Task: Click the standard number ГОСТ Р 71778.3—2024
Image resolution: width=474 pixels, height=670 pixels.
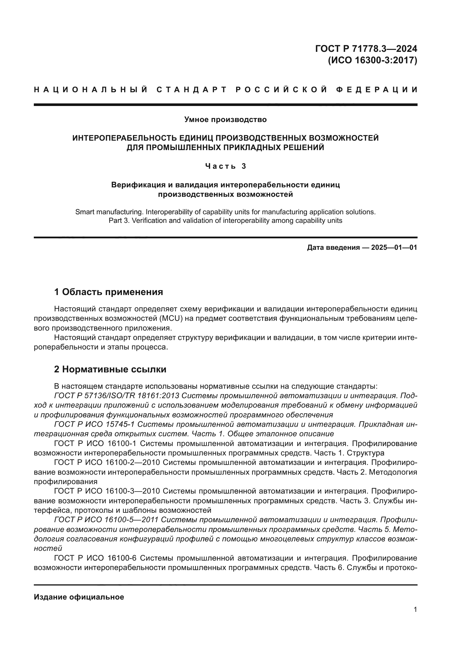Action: [x=366, y=48]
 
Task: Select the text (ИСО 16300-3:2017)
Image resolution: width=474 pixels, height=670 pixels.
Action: [x=373, y=60]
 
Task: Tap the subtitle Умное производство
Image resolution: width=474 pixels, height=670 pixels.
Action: [x=225, y=120]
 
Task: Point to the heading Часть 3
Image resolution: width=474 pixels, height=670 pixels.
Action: [x=225, y=166]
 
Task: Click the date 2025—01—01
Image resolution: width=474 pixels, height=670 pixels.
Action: [x=394, y=248]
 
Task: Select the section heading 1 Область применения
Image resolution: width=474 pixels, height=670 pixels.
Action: [x=108, y=292]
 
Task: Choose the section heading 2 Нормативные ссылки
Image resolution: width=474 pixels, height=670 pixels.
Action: [x=110, y=370]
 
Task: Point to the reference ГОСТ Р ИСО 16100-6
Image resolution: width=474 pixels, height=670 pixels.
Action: [x=95, y=558]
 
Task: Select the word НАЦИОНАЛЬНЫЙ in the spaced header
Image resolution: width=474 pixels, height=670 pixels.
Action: [x=91, y=90]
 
